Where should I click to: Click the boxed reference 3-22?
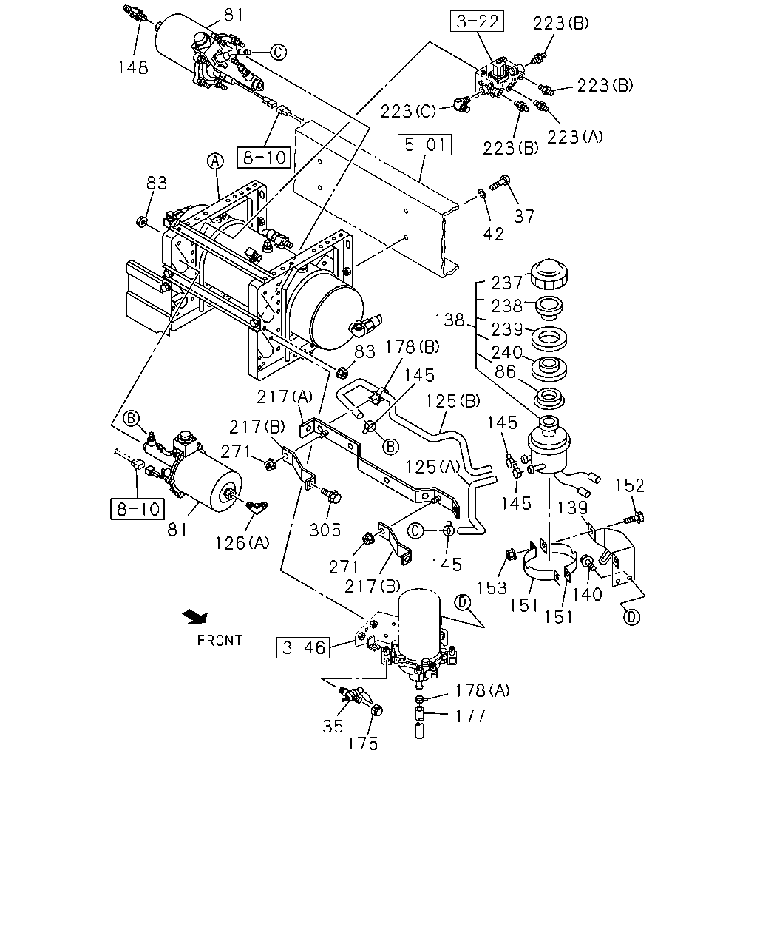[x=477, y=21]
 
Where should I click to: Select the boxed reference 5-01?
[x=424, y=145]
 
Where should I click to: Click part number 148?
[x=133, y=67]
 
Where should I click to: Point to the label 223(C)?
[x=408, y=111]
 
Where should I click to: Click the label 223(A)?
[x=575, y=137]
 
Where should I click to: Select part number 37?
[x=524, y=216]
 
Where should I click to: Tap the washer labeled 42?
[x=481, y=193]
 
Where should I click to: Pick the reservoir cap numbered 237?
[x=549, y=275]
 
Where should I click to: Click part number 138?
[x=449, y=320]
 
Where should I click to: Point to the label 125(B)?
[x=453, y=401]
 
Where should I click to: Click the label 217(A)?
[x=285, y=397]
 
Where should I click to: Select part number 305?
[x=325, y=530]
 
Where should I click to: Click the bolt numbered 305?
[x=330, y=496]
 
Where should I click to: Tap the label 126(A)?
[x=242, y=544]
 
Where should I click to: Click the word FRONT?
[x=220, y=640]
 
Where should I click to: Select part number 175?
[x=363, y=744]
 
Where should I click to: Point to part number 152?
[x=629, y=485]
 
